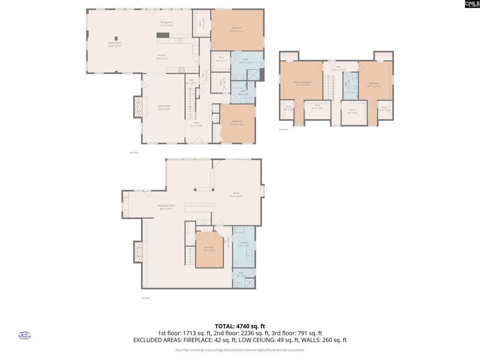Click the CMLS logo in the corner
pyautogui.click(x=472, y=4)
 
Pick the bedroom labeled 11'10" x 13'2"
pyautogui.click(x=237, y=123)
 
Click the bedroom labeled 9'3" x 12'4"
pyautogui.click(x=209, y=249)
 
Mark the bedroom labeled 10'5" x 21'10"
pyautogui.click(x=373, y=85)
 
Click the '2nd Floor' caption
pyautogui.click(x=134, y=153)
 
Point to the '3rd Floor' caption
pyautogui.click(x=283, y=129)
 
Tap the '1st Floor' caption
pyautogui.click(x=145, y=298)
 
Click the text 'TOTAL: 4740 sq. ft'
pyautogui.click(x=240, y=326)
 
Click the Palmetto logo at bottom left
pyautogui.click(x=24, y=335)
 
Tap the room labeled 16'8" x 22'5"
pyautogui.click(x=236, y=194)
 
